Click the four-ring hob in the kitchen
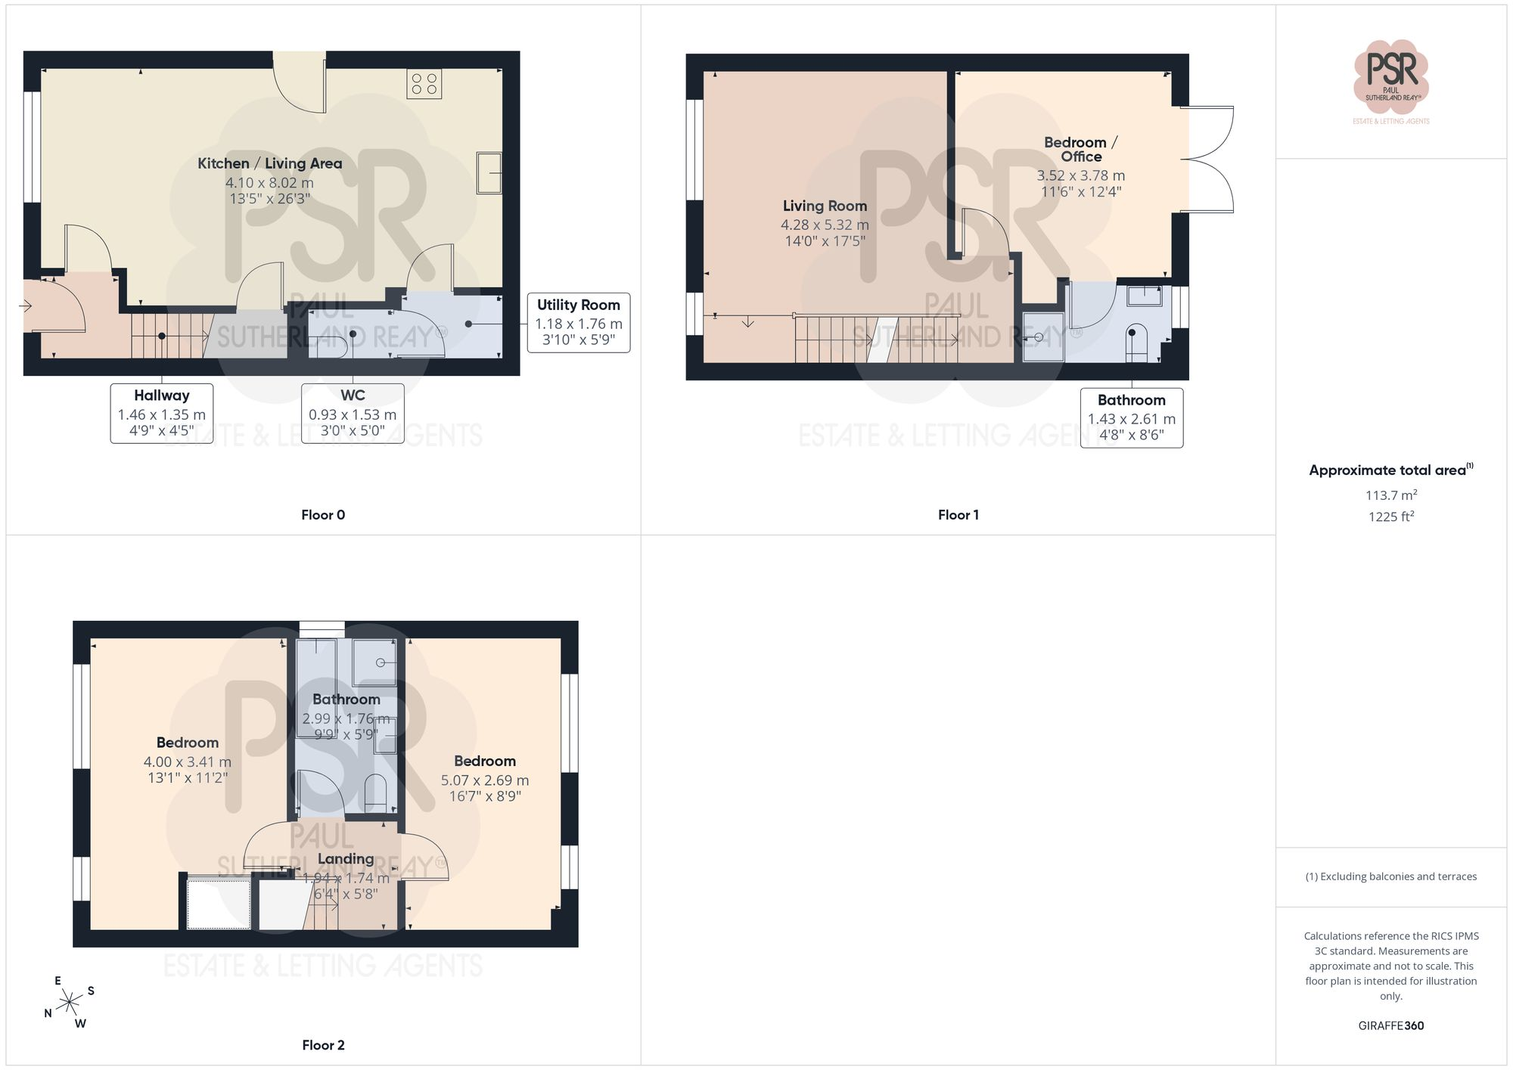pyautogui.click(x=424, y=84)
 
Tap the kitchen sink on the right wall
pyautogui.click(x=489, y=173)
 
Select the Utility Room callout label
pyautogui.click(x=579, y=323)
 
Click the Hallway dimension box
pyautogui.click(x=162, y=413)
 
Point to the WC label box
pyautogui.click(x=353, y=413)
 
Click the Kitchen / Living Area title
pyautogui.click(x=269, y=163)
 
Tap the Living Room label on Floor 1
pyautogui.click(x=825, y=206)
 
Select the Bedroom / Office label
pyautogui.click(x=1081, y=150)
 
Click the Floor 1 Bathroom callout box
pyautogui.click(x=1132, y=418)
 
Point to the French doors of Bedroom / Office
pyautogui.click(x=1207, y=160)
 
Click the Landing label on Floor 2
pyautogui.click(x=346, y=859)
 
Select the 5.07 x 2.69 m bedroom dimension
pyautogui.click(x=485, y=780)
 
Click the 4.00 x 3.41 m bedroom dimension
pyautogui.click(x=188, y=762)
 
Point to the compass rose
pyautogui.click(x=70, y=1003)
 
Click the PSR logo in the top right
pyautogui.click(x=1391, y=82)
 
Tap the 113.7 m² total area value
pyautogui.click(x=1391, y=495)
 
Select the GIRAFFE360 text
pyautogui.click(x=1391, y=1026)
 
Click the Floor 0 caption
pyautogui.click(x=323, y=515)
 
